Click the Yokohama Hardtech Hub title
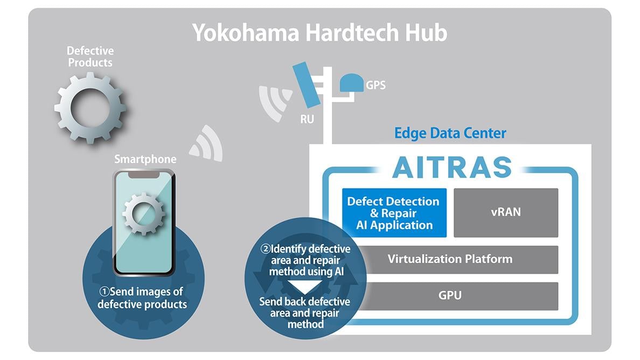click(319, 33)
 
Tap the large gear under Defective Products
click(90, 108)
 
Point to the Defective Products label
click(90, 57)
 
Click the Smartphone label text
click(145, 159)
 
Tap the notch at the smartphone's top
click(144, 174)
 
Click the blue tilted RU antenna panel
click(307, 84)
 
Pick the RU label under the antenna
click(307, 119)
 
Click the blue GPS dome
click(351, 83)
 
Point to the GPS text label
click(375, 85)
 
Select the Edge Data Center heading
click(450, 133)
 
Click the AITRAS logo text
click(452, 167)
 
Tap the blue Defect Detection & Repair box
click(394, 213)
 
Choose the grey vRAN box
click(506, 213)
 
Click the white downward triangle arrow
click(304, 287)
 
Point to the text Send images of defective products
click(142, 298)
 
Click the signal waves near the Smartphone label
click(206, 143)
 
